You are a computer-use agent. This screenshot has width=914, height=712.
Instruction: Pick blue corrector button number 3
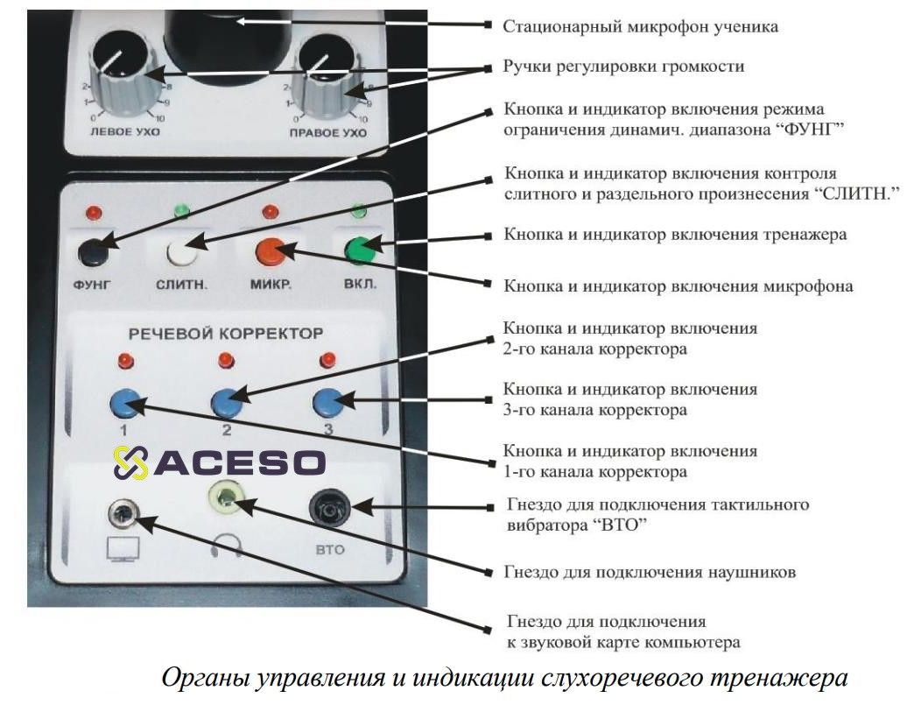point(327,401)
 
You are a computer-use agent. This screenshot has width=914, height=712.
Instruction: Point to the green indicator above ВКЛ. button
point(357,211)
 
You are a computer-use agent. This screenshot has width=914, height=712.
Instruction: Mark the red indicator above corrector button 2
point(225,358)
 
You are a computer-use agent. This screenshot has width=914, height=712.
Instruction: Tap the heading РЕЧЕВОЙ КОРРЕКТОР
point(226,333)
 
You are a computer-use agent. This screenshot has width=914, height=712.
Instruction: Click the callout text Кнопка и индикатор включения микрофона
point(678,286)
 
